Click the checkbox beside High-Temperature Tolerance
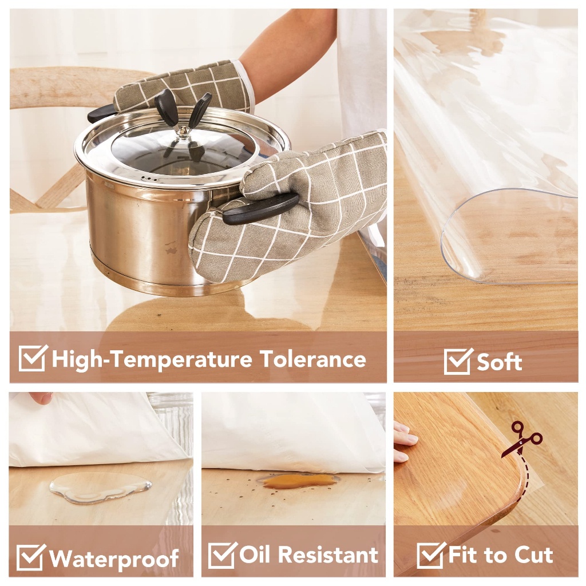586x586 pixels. pyautogui.click(x=32, y=358)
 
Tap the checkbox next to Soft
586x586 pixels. pyautogui.click(x=458, y=361)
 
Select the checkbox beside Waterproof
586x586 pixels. pyautogui.click(x=30, y=557)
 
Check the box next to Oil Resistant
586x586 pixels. pyautogui.click(x=222, y=555)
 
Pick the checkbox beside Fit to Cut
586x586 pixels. pyautogui.click(x=431, y=556)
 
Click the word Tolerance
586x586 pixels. pyautogui.click(x=312, y=359)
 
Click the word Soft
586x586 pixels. pyautogui.click(x=500, y=362)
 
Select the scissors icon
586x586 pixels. pyautogui.click(x=522, y=439)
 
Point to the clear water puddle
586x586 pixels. pyautogui.click(x=100, y=488)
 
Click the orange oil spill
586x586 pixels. pyautogui.click(x=298, y=481)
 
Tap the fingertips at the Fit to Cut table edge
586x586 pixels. pyautogui.click(x=404, y=441)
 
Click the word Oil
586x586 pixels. pyautogui.click(x=256, y=555)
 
